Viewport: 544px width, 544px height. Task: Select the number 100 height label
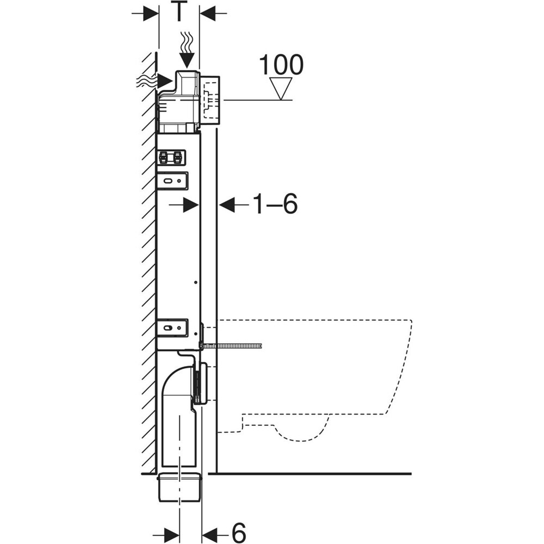point(281,65)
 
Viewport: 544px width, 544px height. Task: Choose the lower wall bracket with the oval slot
point(173,327)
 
